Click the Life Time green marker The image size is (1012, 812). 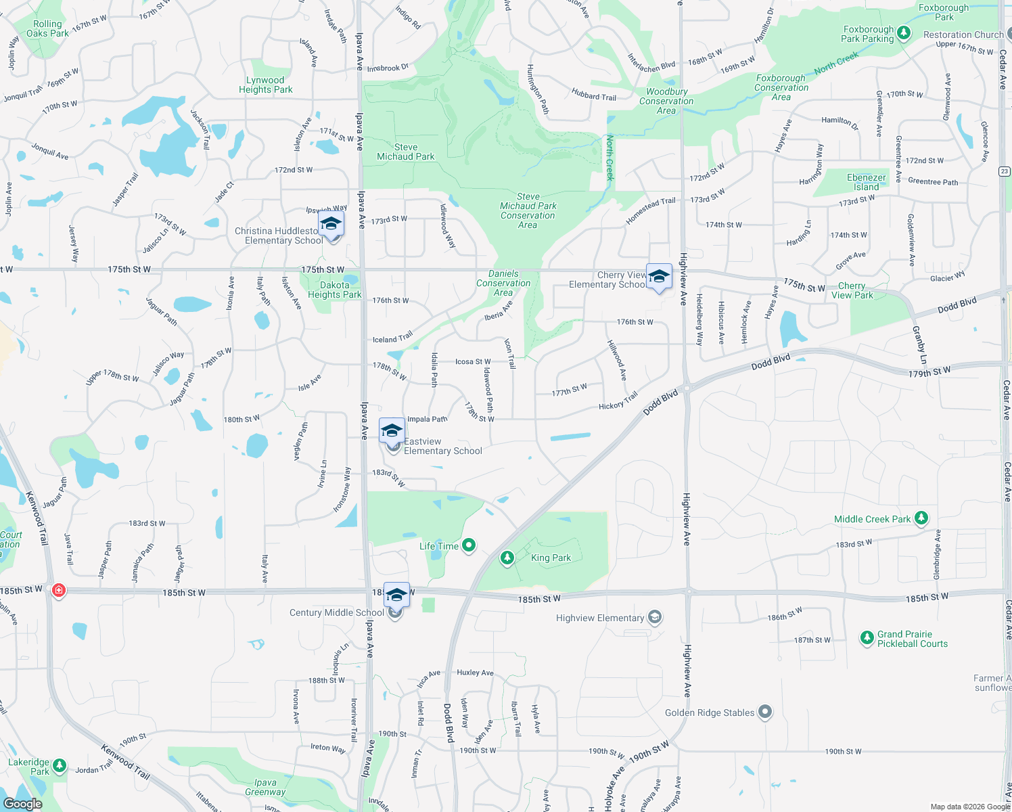tap(468, 545)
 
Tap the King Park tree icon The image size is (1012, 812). tap(507, 558)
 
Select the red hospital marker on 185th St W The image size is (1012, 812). tap(59, 591)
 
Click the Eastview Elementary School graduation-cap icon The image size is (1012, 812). tap(392, 431)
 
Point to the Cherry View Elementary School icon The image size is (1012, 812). tap(659, 276)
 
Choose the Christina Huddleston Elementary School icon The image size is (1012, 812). tap(330, 223)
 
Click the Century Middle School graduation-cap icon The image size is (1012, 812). tap(396, 595)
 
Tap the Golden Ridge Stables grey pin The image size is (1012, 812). tap(764, 712)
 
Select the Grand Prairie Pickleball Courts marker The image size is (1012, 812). tap(867, 638)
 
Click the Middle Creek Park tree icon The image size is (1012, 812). tap(921, 518)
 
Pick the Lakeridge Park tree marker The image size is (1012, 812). tap(60, 766)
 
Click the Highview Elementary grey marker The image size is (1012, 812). tap(653, 617)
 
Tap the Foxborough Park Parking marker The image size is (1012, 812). tap(904, 33)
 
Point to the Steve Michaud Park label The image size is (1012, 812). tap(406, 152)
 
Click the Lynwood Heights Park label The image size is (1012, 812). tap(265, 85)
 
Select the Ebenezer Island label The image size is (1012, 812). tap(866, 182)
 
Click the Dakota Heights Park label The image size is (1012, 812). tap(334, 290)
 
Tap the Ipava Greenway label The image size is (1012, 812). tap(265, 787)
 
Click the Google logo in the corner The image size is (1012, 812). tap(22, 803)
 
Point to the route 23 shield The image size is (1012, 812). tap(1005, 171)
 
